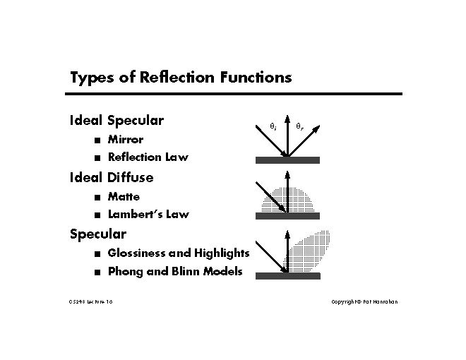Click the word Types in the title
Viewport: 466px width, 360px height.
click(90, 78)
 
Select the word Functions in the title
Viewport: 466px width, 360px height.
click(254, 77)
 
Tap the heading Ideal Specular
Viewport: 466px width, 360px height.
click(116, 121)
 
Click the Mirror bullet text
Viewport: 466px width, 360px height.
click(125, 139)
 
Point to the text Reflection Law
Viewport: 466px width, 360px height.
click(148, 157)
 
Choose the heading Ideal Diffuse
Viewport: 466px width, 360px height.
click(112, 176)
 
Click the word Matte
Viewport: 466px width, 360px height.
click(124, 196)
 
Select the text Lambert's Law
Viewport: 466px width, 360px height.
click(148, 214)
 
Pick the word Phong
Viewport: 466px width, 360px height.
click(125, 271)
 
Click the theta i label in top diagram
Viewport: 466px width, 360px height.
click(273, 127)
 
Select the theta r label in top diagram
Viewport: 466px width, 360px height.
click(299, 127)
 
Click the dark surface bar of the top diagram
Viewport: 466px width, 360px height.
click(287, 160)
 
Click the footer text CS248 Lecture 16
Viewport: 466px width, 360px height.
click(90, 301)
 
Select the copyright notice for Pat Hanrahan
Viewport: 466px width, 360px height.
click(364, 301)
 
